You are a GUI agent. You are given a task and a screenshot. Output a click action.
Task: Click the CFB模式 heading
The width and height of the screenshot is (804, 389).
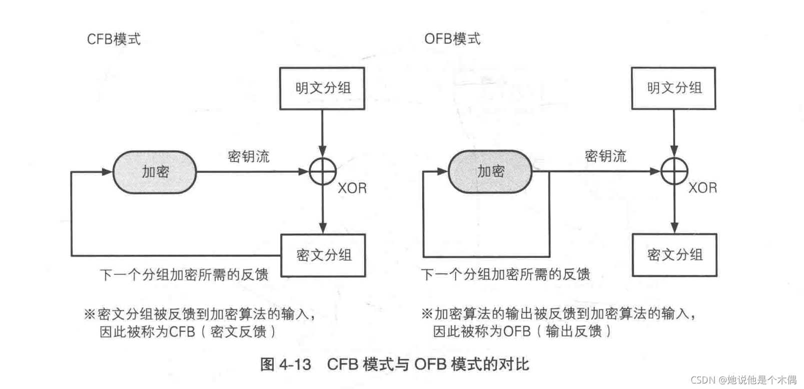(x=114, y=39)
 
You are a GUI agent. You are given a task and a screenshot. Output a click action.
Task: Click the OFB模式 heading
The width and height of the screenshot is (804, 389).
(x=452, y=39)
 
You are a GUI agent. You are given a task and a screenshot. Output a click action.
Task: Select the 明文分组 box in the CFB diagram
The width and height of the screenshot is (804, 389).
(x=322, y=88)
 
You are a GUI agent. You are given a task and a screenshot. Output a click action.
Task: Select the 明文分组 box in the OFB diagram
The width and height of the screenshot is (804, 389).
(x=673, y=88)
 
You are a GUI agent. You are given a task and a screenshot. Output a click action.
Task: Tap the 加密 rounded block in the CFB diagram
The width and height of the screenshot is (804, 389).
(x=155, y=172)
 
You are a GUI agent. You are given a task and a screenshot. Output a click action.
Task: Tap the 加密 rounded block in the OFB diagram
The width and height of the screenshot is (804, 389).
(x=490, y=171)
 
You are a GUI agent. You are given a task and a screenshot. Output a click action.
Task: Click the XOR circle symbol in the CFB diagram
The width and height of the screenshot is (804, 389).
(x=323, y=172)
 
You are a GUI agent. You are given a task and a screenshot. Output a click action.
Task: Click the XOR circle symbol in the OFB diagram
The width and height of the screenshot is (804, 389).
(x=674, y=171)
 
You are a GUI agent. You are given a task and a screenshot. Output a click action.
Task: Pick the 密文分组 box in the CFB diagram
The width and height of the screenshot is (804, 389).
(x=323, y=255)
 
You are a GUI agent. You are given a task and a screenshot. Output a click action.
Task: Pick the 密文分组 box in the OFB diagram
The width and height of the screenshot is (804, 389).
(x=674, y=255)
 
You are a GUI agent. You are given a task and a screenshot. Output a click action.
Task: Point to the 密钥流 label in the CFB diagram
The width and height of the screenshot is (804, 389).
(x=249, y=157)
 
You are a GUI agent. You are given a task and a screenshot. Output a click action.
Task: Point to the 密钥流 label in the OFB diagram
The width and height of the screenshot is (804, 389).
(x=605, y=156)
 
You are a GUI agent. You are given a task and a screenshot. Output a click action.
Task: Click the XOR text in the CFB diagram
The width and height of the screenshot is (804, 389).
(x=352, y=188)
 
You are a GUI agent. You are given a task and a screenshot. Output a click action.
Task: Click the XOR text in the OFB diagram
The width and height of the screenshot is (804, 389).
(x=702, y=188)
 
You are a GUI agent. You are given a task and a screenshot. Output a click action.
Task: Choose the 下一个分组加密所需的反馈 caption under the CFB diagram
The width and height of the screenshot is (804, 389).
(x=184, y=274)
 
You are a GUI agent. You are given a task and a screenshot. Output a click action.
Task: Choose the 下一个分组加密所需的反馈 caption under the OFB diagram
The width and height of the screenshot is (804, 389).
(x=505, y=274)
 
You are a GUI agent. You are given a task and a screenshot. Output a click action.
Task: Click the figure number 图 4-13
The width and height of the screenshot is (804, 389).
(x=286, y=364)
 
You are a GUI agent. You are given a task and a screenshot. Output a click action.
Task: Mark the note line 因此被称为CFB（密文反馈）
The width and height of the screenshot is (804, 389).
(x=188, y=331)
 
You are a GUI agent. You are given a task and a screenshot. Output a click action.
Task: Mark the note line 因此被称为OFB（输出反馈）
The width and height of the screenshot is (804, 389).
(x=522, y=331)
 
